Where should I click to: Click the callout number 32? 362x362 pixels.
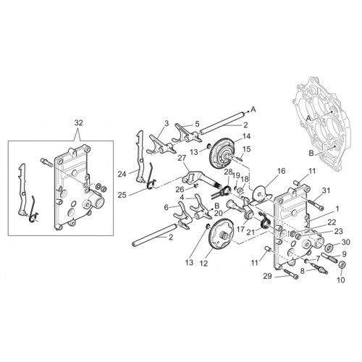(79, 123)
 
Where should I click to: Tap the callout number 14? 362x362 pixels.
(247, 136)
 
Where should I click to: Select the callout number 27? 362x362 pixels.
(182, 159)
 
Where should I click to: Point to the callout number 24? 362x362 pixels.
(122, 174)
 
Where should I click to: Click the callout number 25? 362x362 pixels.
(122, 195)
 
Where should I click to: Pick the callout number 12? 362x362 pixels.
(204, 264)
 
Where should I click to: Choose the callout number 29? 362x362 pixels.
(268, 276)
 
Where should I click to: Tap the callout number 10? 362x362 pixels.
(341, 280)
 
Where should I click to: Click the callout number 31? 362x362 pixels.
(326, 190)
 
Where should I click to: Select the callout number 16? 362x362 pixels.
(282, 171)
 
